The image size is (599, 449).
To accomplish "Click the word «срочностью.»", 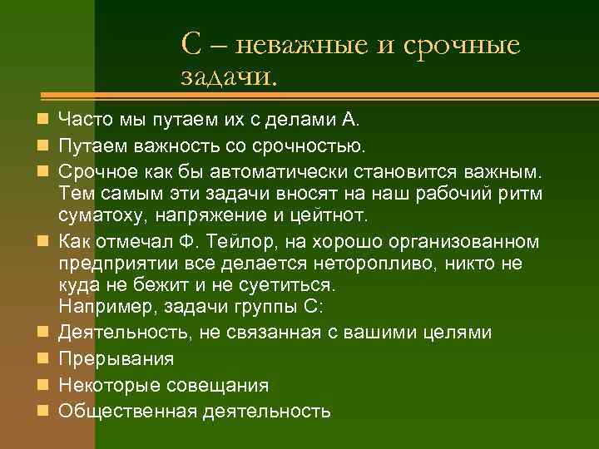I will point(308,148).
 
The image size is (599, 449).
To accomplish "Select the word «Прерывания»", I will point(116,359).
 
